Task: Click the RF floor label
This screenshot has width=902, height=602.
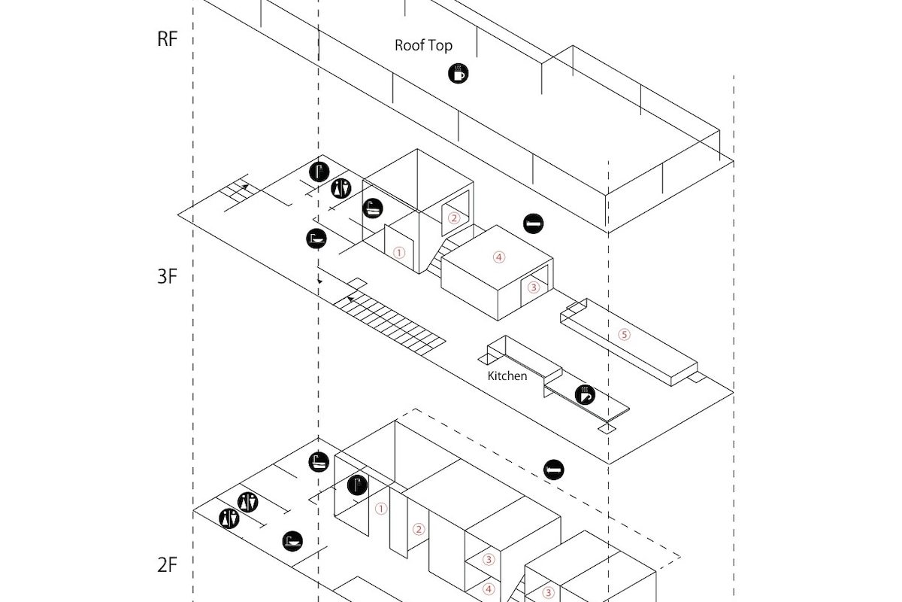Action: [x=167, y=40]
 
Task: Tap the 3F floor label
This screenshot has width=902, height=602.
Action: [x=167, y=276]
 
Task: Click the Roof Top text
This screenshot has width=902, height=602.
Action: [x=424, y=45]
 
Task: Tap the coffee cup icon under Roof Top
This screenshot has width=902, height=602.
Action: [x=458, y=73]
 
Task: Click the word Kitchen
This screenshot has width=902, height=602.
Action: [x=507, y=375]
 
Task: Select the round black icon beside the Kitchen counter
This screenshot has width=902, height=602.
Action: [x=586, y=394]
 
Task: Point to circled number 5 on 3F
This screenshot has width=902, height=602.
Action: [x=623, y=335]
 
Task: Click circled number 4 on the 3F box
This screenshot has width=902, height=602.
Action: [x=498, y=257]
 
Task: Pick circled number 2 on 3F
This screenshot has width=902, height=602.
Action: [x=453, y=218]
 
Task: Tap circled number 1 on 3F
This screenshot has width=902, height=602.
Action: [x=399, y=253]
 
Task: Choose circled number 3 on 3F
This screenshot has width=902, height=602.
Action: [x=534, y=287]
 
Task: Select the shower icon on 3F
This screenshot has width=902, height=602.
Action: [x=319, y=171]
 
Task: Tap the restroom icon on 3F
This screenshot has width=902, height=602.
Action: [x=342, y=188]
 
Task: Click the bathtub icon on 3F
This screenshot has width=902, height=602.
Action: [x=373, y=208]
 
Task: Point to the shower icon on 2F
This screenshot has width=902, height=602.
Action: [x=357, y=485]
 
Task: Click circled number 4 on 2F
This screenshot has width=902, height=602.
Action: [x=489, y=589]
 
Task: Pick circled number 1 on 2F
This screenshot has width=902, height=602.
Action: [x=381, y=509]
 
